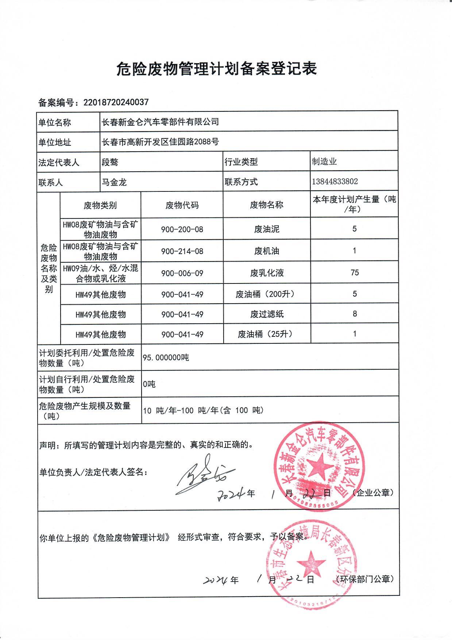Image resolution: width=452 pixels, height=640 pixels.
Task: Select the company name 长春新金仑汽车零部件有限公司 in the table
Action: click(161, 122)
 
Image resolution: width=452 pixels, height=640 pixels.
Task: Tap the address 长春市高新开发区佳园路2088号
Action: click(161, 142)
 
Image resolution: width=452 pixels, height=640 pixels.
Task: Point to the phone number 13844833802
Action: click(335, 182)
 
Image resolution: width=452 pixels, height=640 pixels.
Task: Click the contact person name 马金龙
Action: click(114, 182)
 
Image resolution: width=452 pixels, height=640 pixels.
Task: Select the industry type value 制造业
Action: click(324, 161)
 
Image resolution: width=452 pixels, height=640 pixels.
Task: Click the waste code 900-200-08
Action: click(182, 229)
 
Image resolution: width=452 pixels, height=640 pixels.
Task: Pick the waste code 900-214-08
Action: click(182, 251)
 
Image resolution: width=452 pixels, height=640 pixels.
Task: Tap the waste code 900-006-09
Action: click(182, 273)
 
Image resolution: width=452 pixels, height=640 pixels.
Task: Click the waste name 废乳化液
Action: click(267, 273)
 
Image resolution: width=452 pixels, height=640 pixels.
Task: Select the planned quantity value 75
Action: click(354, 273)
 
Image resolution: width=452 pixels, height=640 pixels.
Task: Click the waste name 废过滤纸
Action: click(267, 314)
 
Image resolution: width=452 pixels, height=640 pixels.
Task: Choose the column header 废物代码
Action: click(182, 205)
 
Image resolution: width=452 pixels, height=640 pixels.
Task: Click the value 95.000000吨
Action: click(166, 358)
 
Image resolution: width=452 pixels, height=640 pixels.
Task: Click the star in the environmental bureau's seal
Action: click(311, 562)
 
